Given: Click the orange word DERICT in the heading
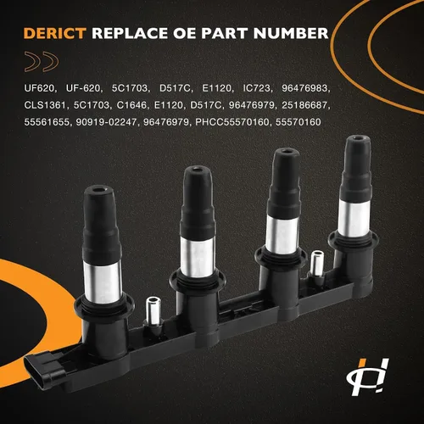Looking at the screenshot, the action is click(55, 33).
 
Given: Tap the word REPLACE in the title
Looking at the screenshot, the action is click(131, 33).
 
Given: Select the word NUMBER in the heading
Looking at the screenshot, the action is click(291, 33).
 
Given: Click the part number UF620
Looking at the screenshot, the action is click(39, 88).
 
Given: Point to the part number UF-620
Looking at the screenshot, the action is click(83, 88).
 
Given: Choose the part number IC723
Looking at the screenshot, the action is click(257, 88).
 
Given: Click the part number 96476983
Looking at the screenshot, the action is click(304, 88).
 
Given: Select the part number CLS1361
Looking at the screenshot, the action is click(45, 105).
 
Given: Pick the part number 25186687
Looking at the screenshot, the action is click(304, 105).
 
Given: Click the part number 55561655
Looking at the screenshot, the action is click(47, 122).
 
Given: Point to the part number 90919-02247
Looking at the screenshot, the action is click(106, 122).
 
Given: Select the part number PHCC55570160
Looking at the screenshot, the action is click(232, 122).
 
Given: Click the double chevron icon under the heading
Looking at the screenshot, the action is click(42, 61).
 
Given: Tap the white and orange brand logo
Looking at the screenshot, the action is click(368, 377).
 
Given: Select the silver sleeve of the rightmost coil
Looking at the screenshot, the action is click(354, 218).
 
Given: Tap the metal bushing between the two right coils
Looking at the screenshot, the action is click(317, 264).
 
